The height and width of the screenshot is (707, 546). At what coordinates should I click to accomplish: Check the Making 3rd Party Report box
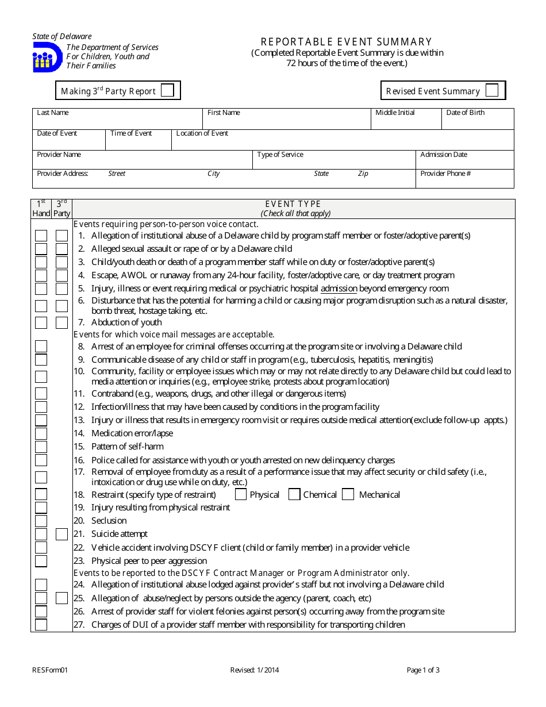[x=167, y=90]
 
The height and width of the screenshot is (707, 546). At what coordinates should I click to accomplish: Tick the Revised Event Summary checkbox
[x=492, y=90]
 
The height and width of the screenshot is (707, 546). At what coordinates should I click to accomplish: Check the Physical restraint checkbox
[x=241, y=494]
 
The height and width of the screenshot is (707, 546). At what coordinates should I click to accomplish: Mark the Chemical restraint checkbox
[x=294, y=494]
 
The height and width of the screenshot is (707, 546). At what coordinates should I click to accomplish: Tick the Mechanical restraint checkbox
[x=348, y=494]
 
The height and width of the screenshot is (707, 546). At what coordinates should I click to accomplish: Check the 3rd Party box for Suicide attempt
[x=61, y=534]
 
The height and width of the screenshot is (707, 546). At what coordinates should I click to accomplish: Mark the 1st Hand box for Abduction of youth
[x=41, y=322]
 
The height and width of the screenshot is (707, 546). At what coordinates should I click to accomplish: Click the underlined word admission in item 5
[x=339, y=289]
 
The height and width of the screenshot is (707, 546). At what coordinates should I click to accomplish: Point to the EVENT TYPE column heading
[x=293, y=204]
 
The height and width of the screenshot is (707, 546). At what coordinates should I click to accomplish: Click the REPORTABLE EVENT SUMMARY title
[x=347, y=42]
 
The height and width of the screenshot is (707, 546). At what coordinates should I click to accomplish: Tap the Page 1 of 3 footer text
[x=423, y=670]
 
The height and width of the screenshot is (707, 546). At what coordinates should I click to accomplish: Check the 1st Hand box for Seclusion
[x=41, y=521]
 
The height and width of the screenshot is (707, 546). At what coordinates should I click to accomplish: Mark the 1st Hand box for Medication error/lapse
[x=41, y=433]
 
